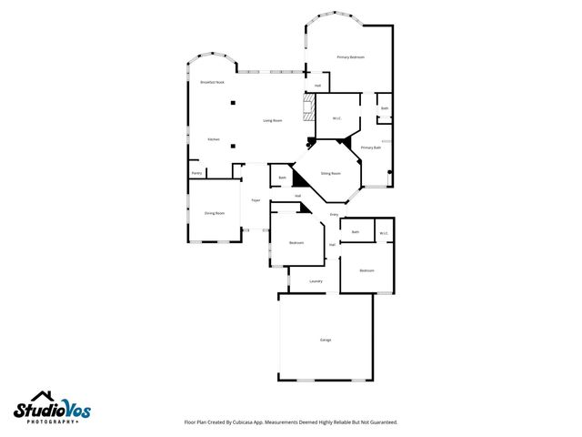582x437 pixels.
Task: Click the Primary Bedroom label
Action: [350, 57]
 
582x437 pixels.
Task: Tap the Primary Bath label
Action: [370, 147]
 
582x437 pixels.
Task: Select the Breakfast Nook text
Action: [213, 83]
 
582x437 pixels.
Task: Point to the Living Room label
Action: [272, 120]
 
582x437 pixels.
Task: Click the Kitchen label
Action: [213, 139]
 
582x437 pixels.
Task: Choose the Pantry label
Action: [196, 173]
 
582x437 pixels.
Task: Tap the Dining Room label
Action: [215, 213]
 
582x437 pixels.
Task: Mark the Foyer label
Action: [256, 200]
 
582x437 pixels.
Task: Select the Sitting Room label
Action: [330, 173]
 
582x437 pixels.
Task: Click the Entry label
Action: [334, 215]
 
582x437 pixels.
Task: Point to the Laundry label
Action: [316, 281]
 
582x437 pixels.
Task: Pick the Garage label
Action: [325, 340]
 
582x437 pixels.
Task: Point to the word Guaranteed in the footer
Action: [381, 422]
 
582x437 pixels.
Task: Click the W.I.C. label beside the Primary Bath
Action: [336, 118]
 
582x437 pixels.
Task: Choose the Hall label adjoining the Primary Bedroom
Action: [317, 86]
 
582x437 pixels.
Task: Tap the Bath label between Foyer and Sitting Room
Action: [282, 178]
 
